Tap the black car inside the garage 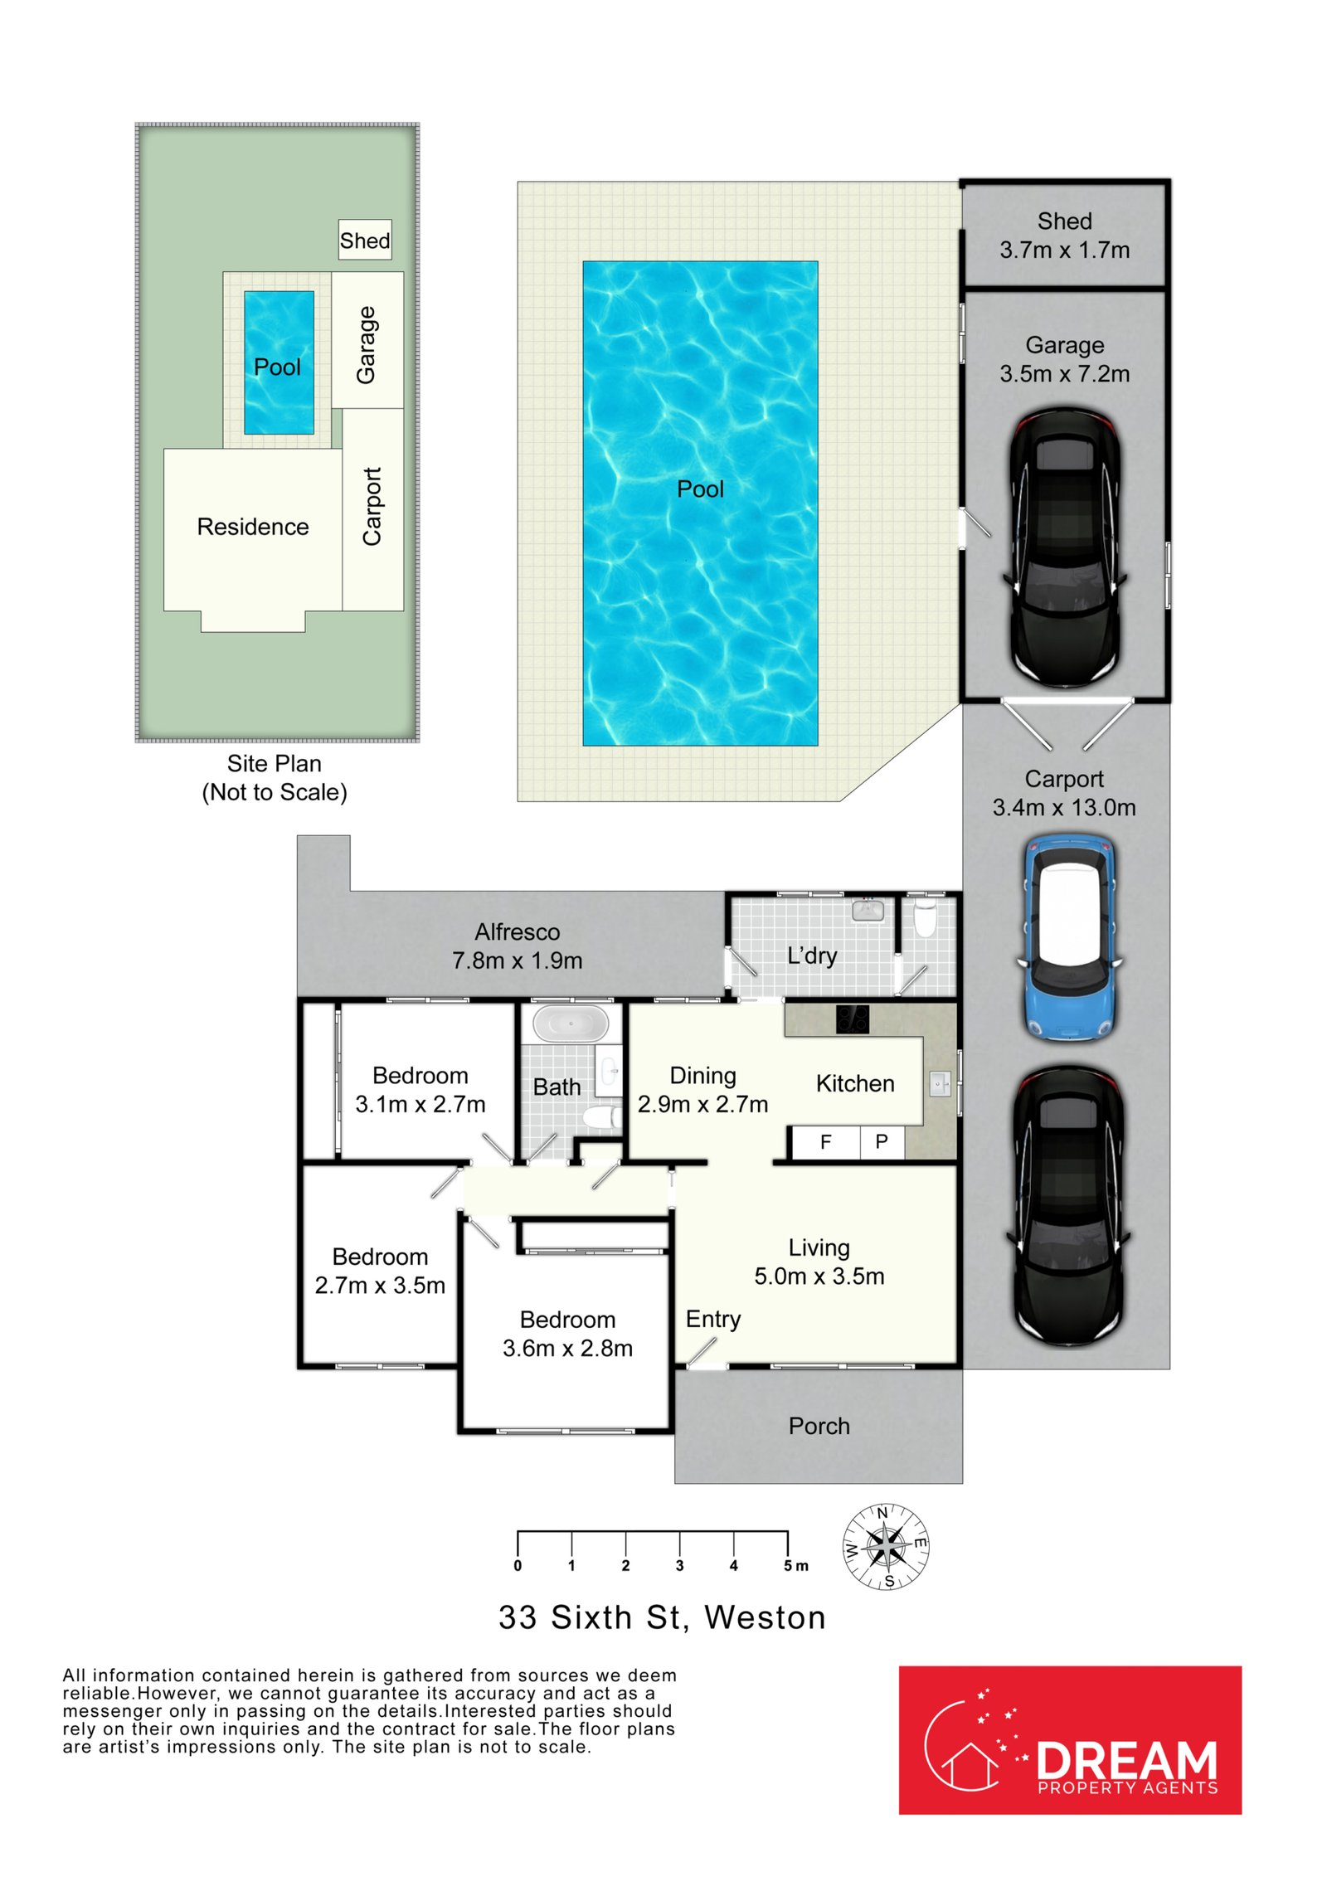1066,547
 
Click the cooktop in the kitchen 852,1019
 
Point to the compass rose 886,1547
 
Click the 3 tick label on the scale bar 679,1566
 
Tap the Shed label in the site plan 364,241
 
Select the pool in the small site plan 279,362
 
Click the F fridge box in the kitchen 826,1141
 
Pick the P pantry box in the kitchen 882,1141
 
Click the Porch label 819,1426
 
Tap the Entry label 713,1320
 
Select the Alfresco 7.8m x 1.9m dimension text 518,960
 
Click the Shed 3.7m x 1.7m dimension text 1065,250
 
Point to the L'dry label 812,956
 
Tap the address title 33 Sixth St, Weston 663,1618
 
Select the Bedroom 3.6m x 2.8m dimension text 568,1349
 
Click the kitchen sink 940,1084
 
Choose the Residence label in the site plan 253,527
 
